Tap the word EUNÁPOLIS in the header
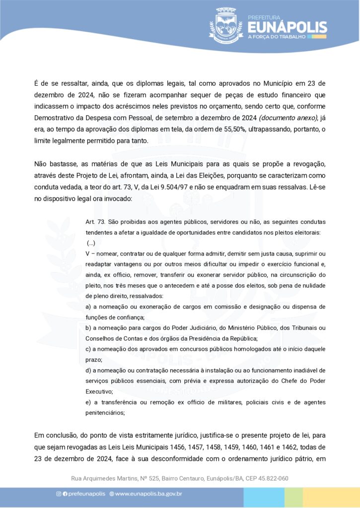click(287, 26)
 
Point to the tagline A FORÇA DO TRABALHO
click(287, 36)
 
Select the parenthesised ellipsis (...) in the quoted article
click(91, 243)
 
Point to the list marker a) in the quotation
click(89, 307)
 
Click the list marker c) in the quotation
click(89, 349)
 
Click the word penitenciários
click(105, 413)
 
